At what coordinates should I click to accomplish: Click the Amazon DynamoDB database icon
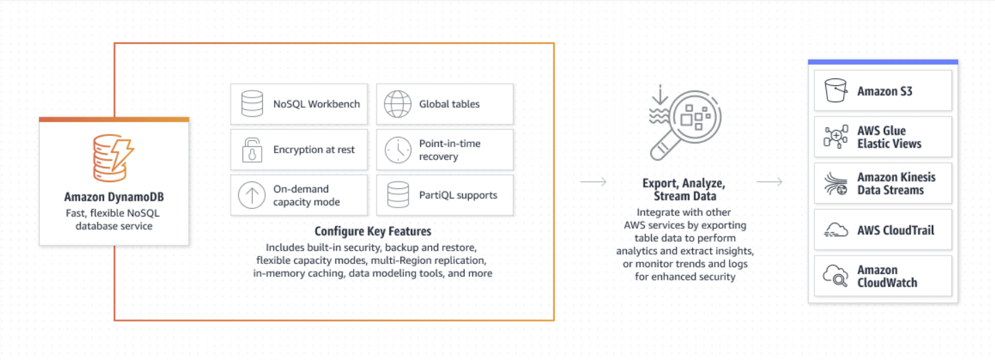point(113,157)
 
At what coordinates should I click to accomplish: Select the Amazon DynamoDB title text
point(114,197)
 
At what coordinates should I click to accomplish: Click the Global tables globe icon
point(397,104)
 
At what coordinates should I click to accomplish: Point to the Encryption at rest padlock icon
point(252,150)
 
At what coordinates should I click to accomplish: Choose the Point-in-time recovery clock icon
point(398,150)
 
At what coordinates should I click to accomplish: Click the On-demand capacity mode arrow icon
point(251,195)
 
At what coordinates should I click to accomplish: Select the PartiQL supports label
point(458,195)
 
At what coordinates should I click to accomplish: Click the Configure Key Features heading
point(373,232)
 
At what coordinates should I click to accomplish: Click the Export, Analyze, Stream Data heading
point(684,190)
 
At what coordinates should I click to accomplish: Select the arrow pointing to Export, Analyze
point(593,182)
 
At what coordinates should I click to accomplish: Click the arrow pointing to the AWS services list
point(769,182)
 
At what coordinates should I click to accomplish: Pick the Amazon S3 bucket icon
point(836,91)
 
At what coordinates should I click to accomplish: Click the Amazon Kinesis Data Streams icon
point(836,183)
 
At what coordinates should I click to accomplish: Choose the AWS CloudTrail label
point(895,230)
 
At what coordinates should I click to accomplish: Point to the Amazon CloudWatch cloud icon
point(836,276)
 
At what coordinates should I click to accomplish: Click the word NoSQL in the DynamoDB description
point(141,212)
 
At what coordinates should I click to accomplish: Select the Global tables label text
point(450,104)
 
